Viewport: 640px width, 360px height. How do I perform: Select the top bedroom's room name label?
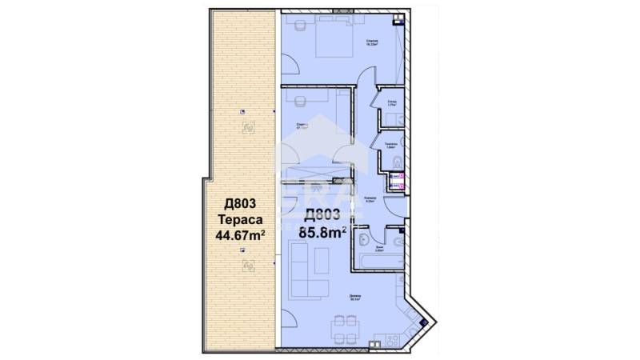tap(373, 42)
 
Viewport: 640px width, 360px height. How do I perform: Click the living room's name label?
tap(354, 298)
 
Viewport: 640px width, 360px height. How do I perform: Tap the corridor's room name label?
tap(370, 199)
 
